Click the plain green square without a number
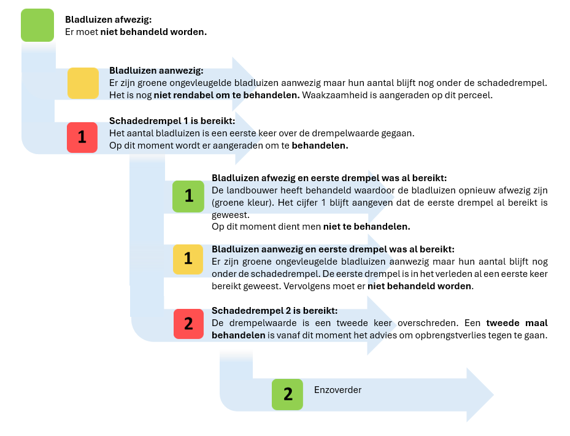[x=37, y=25]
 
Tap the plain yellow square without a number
[x=83, y=83]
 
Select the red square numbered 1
[x=83, y=137]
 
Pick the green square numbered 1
[x=188, y=196]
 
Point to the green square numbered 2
[x=288, y=394]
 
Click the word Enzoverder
[x=337, y=390]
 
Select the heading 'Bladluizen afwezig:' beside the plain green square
[x=108, y=20]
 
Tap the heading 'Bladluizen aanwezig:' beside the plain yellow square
[x=156, y=71]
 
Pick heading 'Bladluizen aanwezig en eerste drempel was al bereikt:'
[x=333, y=249]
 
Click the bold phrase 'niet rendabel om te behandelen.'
[x=227, y=95]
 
